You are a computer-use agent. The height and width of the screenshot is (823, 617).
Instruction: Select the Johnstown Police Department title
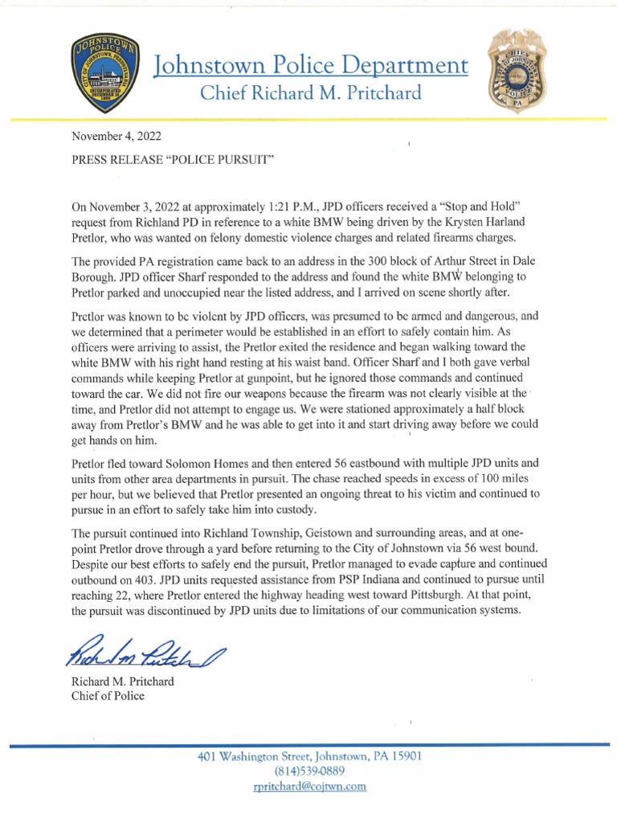pos(310,65)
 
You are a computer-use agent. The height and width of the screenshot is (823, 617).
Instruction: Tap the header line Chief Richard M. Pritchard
pos(310,93)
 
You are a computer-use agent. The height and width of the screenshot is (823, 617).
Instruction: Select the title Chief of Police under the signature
pos(108,696)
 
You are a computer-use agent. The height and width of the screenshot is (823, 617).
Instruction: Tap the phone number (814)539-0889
pos(310,772)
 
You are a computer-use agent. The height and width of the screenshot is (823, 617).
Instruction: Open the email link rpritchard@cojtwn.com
pos(310,787)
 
